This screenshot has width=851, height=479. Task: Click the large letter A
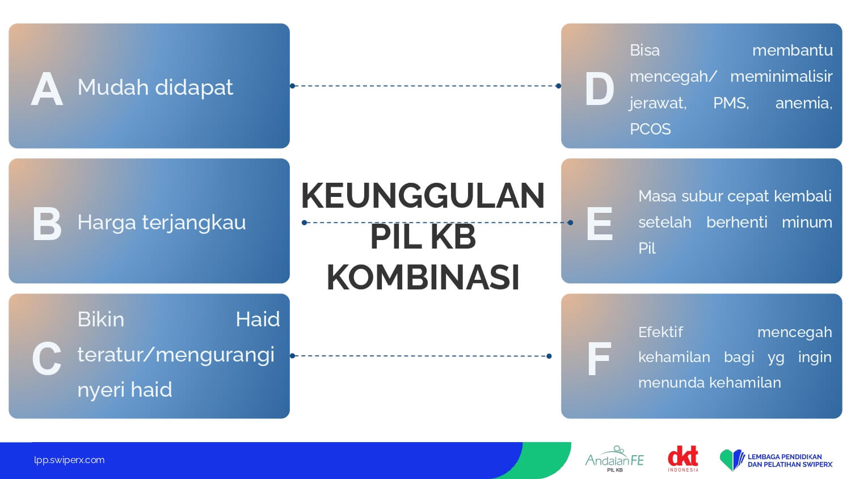[x=47, y=89]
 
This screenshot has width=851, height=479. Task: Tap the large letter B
[x=47, y=224]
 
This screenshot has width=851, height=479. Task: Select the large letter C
[x=47, y=358]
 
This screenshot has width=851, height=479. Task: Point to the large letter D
[x=599, y=89]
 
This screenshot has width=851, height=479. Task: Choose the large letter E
[x=600, y=224]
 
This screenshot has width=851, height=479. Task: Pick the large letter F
[x=599, y=359]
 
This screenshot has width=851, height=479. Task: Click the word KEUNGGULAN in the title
[x=423, y=196]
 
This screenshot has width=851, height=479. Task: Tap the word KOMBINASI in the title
[x=423, y=277]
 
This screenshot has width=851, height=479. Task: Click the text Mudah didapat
[x=155, y=87]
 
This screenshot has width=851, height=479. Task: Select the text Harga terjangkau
[x=162, y=223]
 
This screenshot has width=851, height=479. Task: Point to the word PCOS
[x=650, y=129]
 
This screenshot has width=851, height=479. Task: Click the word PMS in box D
[x=731, y=103]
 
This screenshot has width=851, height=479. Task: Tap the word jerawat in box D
[x=658, y=103]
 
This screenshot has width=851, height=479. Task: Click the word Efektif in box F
[x=660, y=332]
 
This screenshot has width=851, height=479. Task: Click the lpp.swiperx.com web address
[x=69, y=460]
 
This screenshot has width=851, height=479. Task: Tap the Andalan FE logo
[x=614, y=459]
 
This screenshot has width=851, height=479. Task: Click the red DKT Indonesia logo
[x=683, y=459]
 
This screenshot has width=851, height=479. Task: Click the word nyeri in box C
[x=100, y=390]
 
